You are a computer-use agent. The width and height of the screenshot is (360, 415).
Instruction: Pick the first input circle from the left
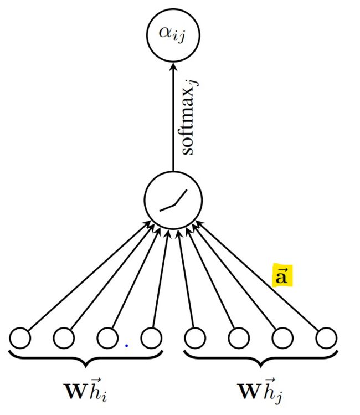point(20,337)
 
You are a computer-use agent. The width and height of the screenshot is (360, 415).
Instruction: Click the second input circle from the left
point(64,337)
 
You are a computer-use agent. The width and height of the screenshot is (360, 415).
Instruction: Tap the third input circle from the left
point(107,337)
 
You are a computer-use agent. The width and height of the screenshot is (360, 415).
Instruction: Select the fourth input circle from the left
point(151,337)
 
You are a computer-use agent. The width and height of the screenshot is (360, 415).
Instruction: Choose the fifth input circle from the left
point(195,337)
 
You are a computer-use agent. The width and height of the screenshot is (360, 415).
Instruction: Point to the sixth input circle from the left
point(238,337)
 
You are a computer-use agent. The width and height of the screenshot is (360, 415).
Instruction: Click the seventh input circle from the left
point(282,337)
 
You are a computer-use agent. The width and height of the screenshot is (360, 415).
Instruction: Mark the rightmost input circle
point(326,337)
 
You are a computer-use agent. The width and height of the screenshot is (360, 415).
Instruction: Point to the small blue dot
point(126,346)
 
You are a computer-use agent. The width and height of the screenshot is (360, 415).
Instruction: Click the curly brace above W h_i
point(86,358)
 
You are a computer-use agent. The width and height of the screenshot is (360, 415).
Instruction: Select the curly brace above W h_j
point(260,358)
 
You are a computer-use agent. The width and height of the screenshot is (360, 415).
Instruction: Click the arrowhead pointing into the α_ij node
point(173,65)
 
